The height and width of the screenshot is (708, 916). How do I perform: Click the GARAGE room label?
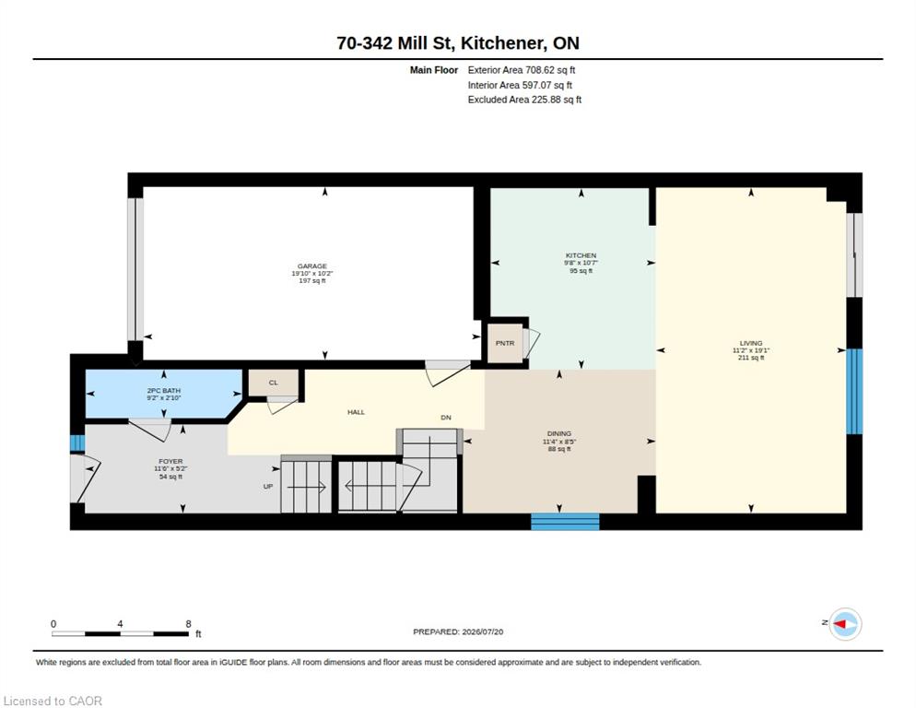[x=312, y=266]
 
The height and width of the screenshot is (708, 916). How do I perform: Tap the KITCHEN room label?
[x=581, y=255]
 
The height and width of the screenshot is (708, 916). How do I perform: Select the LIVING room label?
[x=751, y=343]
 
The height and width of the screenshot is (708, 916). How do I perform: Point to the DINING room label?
[x=559, y=434]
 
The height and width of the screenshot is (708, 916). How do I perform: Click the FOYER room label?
[x=170, y=461]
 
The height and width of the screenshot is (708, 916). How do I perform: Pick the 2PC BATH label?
[x=164, y=391]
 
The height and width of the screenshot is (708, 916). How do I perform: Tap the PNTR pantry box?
[x=505, y=343]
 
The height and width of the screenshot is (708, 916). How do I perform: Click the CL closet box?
[x=274, y=383]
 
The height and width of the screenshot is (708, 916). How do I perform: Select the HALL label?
[x=356, y=412]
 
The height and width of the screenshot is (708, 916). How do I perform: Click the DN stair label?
[x=446, y=418]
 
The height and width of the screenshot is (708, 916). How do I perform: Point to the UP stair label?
[x=268, y=487]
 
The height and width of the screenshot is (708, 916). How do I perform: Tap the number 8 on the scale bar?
[x=188, y=624]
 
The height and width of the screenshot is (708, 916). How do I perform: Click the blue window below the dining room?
[x=565, y=522]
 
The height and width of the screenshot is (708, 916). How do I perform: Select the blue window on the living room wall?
[x=854, y=392]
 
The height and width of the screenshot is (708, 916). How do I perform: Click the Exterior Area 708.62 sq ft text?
[x=521, y=70]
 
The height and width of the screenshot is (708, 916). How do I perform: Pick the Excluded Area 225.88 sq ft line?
[x=524, y=100]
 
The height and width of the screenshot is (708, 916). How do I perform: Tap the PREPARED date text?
[x=458, y=632]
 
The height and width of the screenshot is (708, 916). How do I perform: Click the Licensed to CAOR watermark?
[x=53, y=701]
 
